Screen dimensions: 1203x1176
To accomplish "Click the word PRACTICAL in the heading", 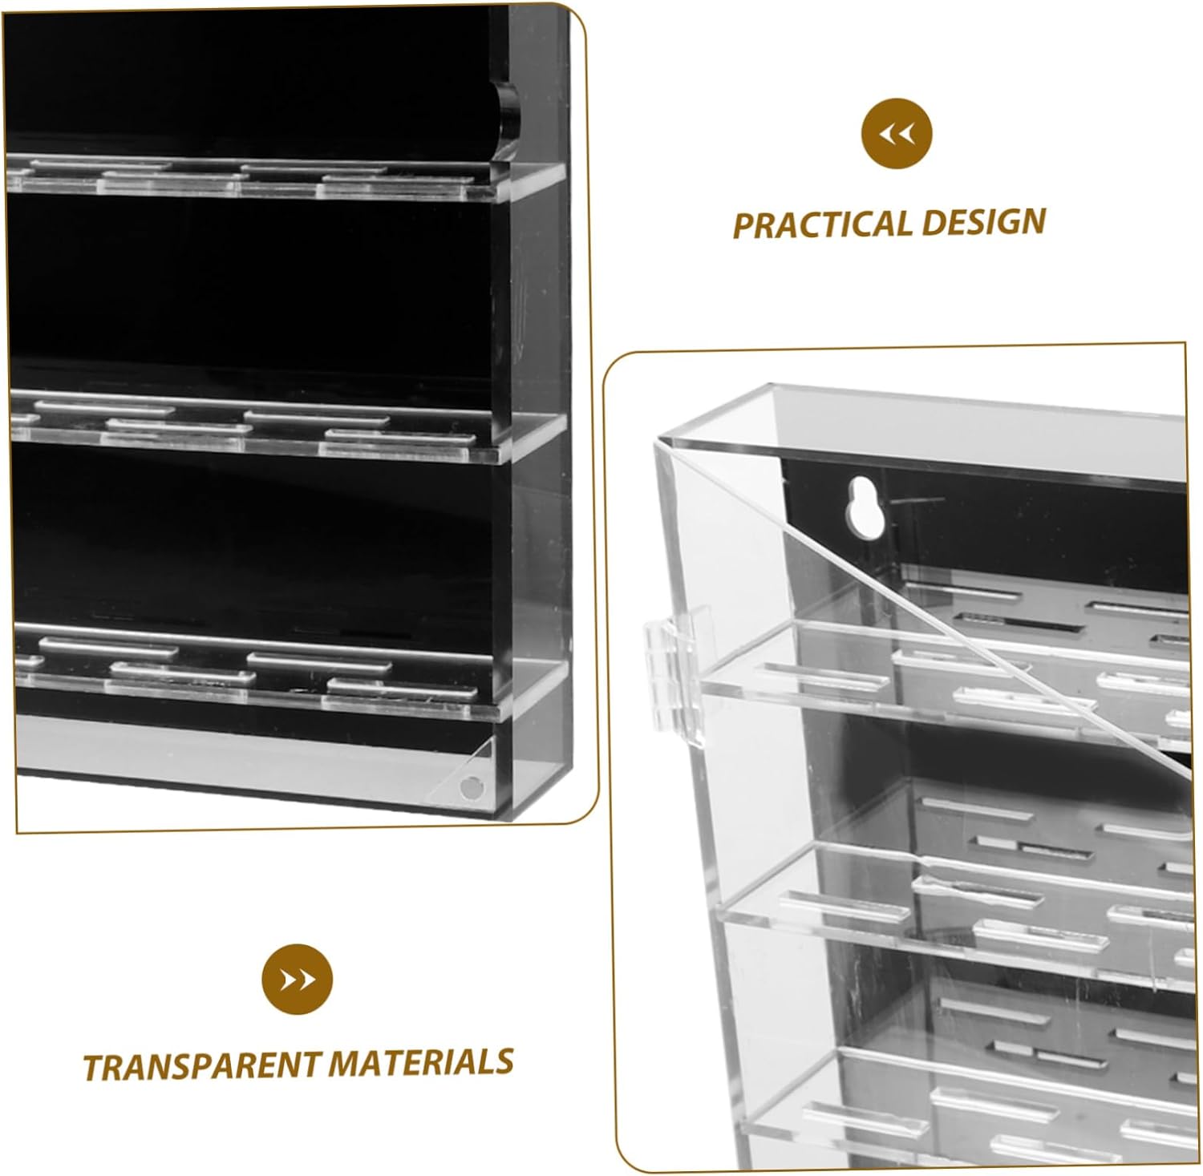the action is tap(822, 225).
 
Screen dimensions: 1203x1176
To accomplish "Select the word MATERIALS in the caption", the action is tap(420, 1062).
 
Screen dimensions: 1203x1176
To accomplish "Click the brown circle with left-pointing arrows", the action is tap(897, 134).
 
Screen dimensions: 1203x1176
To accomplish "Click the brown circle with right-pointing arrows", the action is tap(297, 980).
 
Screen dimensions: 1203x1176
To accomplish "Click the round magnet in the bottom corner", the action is tap(471, 788).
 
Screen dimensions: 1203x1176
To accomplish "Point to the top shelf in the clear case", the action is tap(946, 681).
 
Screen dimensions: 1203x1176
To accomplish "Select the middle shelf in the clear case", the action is tap(954, 914).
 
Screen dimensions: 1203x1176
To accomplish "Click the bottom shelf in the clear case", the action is tap(962, 1114).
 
